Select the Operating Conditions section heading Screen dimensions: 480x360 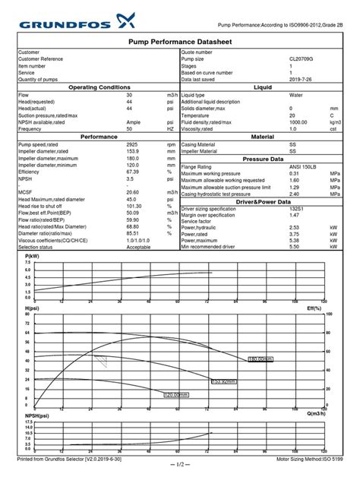pyautogui.click(x=99, y=87)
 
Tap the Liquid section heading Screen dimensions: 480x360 pyautogui.click(x=263, y=87)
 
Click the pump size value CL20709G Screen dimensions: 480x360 pyautogui.click(x=301, y=58)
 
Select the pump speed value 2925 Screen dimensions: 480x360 pyautogui.click(x=133, y=144)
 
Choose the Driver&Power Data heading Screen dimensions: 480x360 pyautogui.click(x=263, y=201)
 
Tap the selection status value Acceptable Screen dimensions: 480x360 pyautogui.click(x=139, y=247)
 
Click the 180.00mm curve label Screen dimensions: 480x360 pyautogui.click(x=261, y=358)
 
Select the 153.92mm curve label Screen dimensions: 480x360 pyautogui.click(x=225, y=381)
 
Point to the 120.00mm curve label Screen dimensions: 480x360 pyautogui.click(x=177, y=394)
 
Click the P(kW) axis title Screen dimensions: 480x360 pyautogui.click(x=32, y=257)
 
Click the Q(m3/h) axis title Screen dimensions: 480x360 pyautogui.click(x=317, y=413)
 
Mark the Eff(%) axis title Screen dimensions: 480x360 pyautogui.click(x=315, y=308)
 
